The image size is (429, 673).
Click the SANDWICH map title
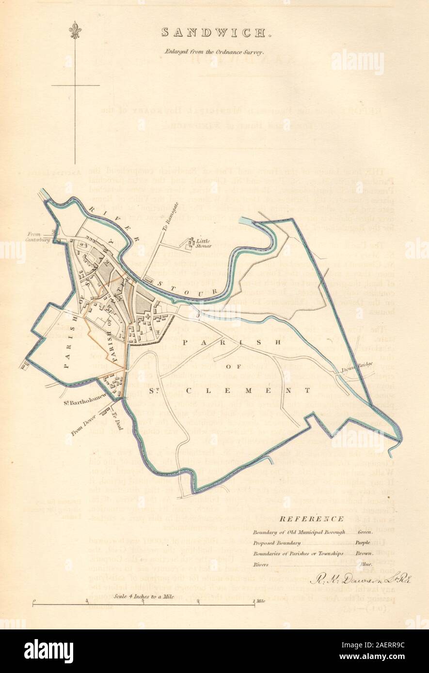[x=214, y=33]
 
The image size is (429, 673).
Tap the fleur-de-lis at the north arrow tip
[x=75, y=30]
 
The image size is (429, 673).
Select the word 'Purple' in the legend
[x=362, y=543]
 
